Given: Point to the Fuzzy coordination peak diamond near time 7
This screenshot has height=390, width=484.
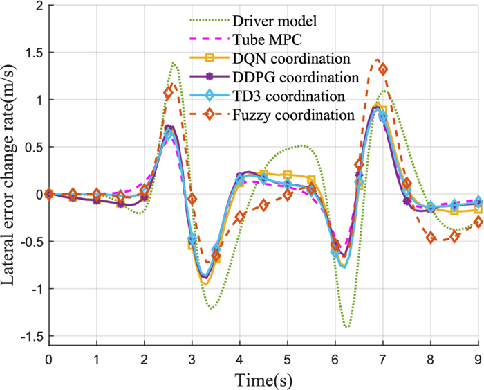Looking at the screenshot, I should coord(382,69).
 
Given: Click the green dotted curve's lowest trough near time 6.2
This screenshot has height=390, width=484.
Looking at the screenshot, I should coord(346,326).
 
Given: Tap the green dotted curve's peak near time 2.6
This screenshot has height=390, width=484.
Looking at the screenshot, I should coord(173,63).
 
